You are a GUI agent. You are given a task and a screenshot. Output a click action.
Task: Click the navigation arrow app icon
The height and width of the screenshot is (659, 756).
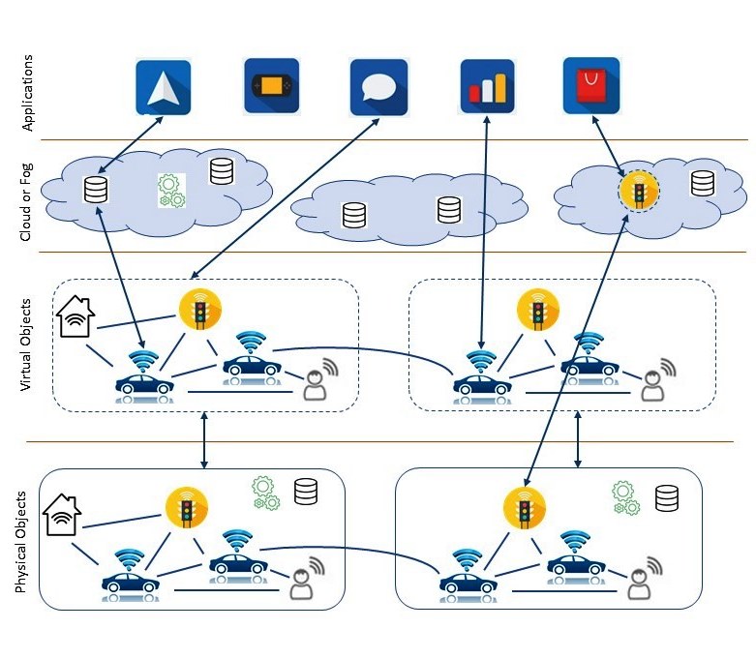pyautogui.click(x=164, y=87)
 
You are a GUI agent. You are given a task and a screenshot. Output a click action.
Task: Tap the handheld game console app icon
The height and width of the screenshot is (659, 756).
pyautogui.click(x=271, y=86)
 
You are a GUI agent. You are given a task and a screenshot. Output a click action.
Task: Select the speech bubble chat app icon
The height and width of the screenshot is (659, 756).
pyautogui.click(x=378, y=87)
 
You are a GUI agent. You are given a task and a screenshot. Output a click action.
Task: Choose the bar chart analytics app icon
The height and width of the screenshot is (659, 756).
pyautogui.click(x=488, y=86)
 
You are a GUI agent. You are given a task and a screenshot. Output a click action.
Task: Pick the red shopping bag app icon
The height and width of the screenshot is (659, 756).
pyautogui.click(x=591, y=86)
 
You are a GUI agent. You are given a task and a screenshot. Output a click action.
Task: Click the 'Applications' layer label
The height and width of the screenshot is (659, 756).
pyautogui.click(x=27, y=93)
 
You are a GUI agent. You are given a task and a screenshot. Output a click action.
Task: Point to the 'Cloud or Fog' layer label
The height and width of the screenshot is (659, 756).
pyautogui.click(x=25, y=202)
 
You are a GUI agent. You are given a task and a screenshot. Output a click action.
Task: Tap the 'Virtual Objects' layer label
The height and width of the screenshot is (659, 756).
pyautogui.click(x=25, y=344)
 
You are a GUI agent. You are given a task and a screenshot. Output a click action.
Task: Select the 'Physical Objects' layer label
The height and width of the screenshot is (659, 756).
pyautogui.click(x=20, y=542)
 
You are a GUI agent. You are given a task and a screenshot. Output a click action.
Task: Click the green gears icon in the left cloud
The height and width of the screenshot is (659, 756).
pyautogui.click(x=171, y=191)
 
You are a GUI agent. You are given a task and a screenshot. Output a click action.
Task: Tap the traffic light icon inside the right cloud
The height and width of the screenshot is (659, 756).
pyautogui.click(x=639, y=191)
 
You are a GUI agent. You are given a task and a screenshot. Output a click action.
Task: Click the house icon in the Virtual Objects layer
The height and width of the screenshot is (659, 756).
pyautogui.click(x=76, y=316)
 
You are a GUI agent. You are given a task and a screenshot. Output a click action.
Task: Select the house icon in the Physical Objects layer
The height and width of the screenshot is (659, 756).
pyautogui.click(x=62, y=515)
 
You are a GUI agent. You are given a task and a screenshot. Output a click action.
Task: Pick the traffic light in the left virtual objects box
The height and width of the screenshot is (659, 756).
pyautogui.click(x=200, y=310)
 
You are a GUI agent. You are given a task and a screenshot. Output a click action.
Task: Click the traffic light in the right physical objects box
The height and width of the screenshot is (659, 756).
pyautogui.click(x=524, y=508)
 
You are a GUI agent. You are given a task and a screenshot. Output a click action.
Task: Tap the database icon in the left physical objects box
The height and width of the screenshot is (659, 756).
pyautogui.click(x=306, y=492)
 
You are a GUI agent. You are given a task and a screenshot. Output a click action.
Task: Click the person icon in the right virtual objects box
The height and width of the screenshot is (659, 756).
pyautogui.click(x=658, y=380)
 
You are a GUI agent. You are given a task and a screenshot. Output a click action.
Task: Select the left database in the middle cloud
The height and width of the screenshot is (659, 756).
pyautogui.click(x=354, y=215)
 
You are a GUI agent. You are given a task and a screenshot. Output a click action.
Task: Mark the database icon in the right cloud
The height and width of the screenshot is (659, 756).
pyautogui.click(x=703, y=183)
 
